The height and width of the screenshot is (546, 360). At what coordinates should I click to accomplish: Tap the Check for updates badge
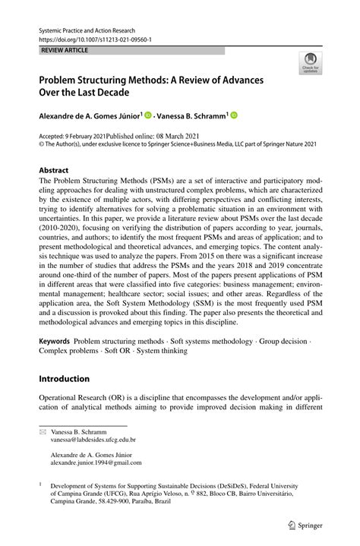[x=309, y=65]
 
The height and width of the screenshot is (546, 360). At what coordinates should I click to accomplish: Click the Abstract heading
[x=53, y=171]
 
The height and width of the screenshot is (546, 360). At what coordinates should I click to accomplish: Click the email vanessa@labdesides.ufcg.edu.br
[x=93, y=439]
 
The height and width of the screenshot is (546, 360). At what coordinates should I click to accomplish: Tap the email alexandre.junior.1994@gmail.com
[x=96, y=462]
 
